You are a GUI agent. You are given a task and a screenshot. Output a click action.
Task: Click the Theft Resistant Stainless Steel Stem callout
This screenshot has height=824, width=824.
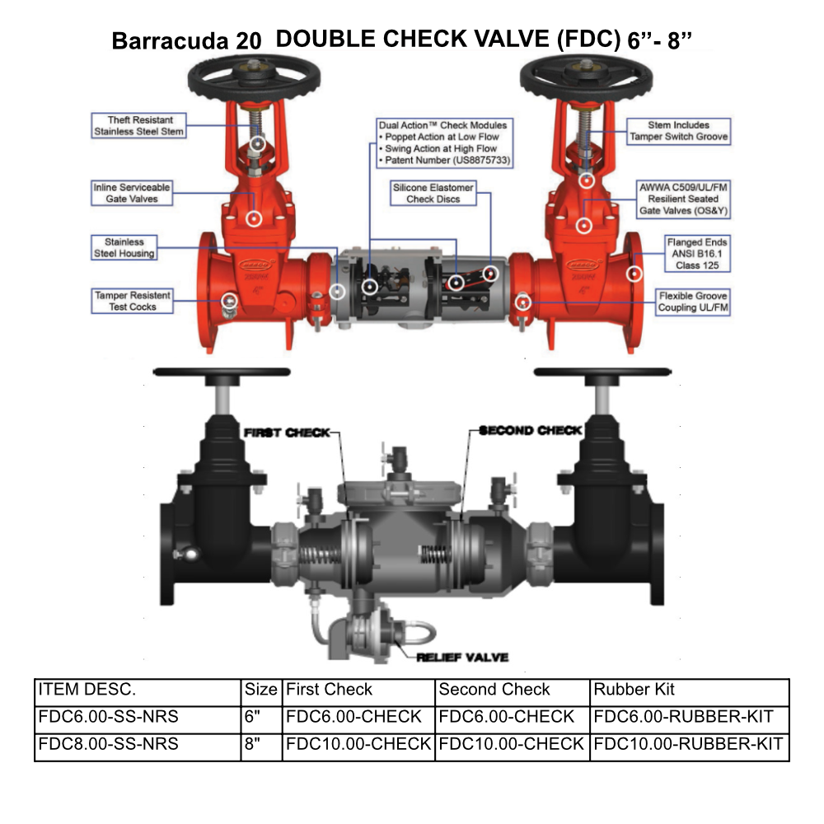138,125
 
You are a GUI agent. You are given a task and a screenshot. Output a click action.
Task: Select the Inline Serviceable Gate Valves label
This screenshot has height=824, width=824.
132,194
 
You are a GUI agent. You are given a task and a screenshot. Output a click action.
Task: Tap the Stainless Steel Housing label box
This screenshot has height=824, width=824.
124,248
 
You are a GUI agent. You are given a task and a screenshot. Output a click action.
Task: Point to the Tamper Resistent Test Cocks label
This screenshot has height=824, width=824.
133,301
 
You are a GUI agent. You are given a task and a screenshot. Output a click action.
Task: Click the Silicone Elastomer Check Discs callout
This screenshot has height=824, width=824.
433,194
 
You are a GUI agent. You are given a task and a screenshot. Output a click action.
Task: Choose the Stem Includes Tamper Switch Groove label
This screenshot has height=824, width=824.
677,131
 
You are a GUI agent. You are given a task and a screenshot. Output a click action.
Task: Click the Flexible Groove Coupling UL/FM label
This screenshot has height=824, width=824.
693,301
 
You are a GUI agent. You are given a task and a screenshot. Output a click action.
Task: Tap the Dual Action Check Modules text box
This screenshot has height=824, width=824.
442,143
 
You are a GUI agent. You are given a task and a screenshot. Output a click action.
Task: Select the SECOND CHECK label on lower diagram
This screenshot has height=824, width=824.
531,430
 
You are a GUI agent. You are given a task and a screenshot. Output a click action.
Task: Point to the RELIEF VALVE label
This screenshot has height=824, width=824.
462,658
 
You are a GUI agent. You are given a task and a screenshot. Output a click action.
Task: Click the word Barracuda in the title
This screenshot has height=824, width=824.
171,41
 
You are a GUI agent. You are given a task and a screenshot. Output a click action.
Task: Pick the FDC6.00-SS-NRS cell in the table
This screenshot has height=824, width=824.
107,717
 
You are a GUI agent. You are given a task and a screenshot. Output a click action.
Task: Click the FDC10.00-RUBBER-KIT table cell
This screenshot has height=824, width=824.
688,744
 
